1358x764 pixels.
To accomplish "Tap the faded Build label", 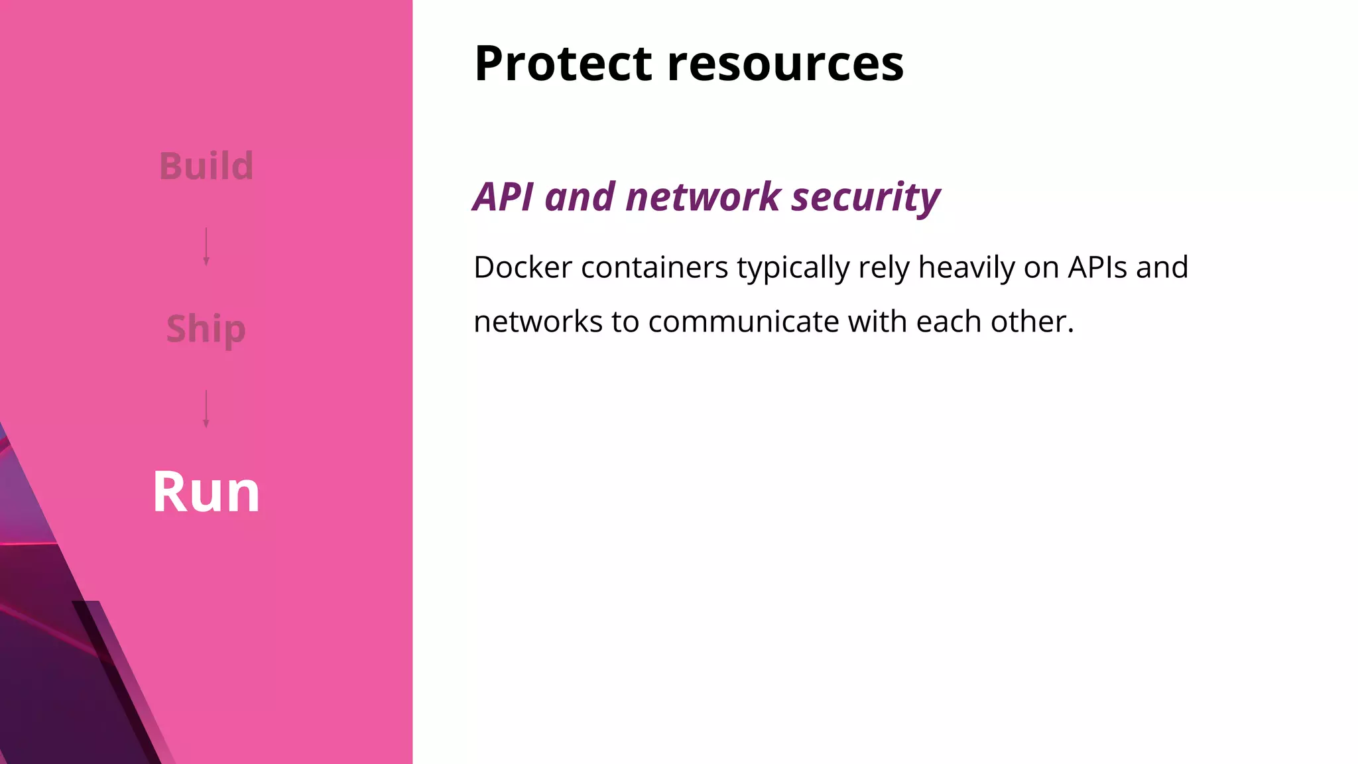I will (206, 166).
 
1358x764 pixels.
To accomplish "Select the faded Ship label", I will (206, 329).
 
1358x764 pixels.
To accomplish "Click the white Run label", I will (206, 492).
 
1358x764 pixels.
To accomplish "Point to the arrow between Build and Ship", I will (206, 247).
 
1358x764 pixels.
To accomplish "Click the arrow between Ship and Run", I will (206, 409).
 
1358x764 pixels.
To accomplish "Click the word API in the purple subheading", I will (503, 197).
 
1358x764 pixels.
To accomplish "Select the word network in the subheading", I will (703, 197).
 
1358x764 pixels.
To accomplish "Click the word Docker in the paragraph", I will (523, 267).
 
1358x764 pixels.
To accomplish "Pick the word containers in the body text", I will (654, 267).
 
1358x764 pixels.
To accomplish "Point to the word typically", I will (793, 269).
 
